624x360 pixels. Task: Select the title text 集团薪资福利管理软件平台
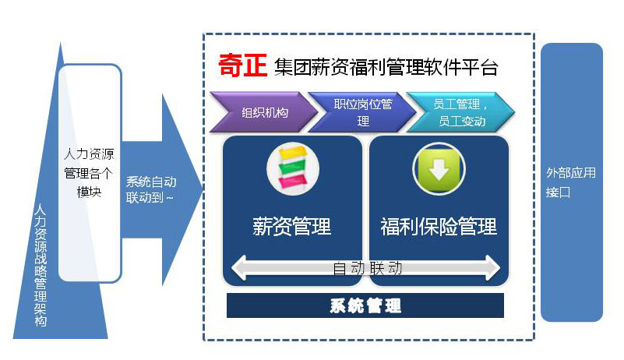(386, 67)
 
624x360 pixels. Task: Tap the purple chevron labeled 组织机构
(261, 112)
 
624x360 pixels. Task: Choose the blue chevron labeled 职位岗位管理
(361, 112)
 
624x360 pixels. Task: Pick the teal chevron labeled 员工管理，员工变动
(459, 112)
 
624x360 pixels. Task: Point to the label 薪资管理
(292, 227)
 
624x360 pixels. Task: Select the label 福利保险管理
(439, 227)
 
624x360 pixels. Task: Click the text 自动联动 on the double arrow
(367, 268)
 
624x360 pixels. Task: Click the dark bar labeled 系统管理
(365, 305)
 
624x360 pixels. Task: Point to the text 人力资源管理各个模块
(90, 172)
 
